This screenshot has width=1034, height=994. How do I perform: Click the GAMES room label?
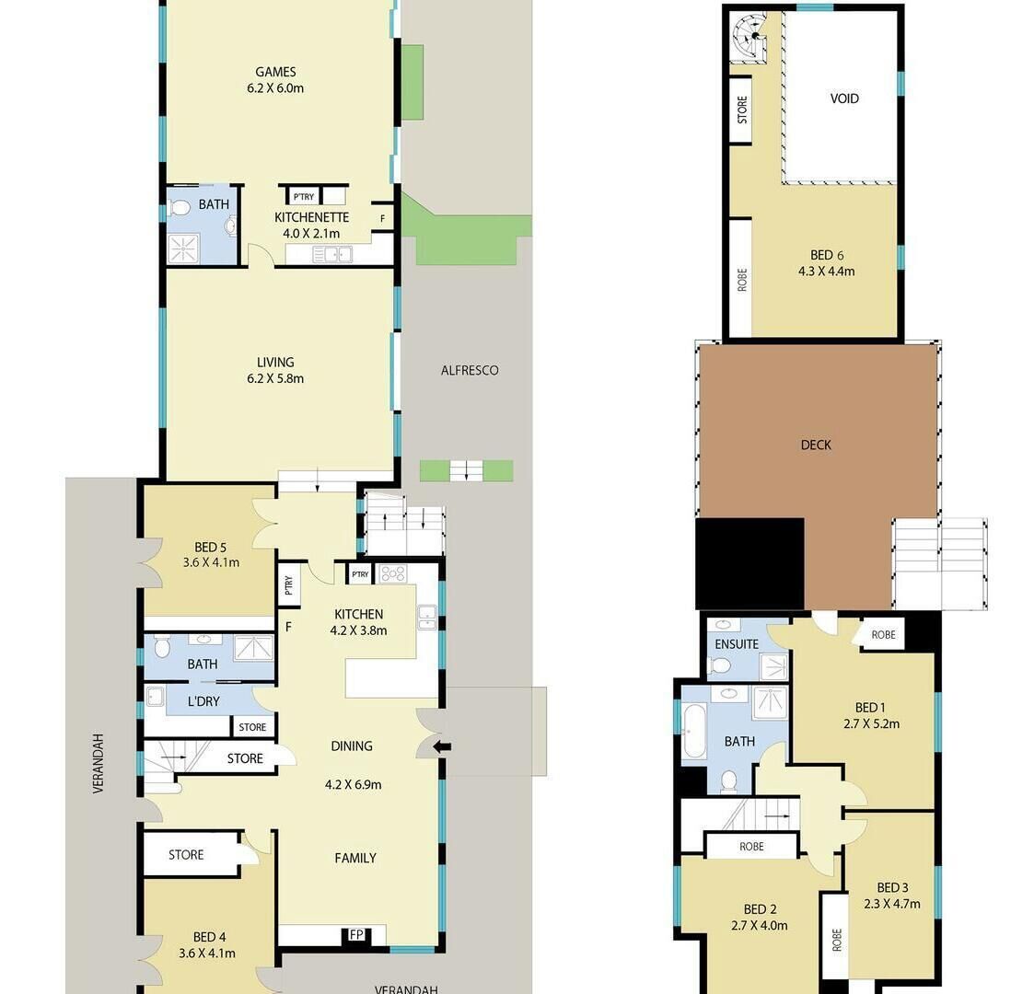[x=275, y=72]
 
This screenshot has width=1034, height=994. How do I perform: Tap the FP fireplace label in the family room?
[x=356, y=935]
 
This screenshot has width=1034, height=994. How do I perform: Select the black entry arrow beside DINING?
[x=442, y=746]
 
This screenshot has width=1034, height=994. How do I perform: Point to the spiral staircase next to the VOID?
[x=751, y=37]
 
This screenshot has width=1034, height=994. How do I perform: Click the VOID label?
[x=844, y=98]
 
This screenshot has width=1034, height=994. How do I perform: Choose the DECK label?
[x=816, y=445]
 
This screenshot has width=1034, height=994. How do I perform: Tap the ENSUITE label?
[x=737, y=644]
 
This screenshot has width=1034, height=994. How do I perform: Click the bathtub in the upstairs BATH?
[x=694, y=731]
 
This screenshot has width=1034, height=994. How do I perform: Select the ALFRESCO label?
[x=470, y=370]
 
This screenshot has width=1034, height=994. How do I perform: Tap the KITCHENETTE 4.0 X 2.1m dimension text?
[x=311, y=234]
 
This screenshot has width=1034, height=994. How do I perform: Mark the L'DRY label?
[x=203, y=701]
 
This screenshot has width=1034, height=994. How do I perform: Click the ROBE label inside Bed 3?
[x=836, y=940]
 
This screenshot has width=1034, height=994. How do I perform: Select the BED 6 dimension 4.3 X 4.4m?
[x=826, y=271]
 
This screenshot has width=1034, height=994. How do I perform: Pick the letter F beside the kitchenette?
[x=382, y=219]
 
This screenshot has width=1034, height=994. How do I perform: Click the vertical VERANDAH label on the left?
[x=99, y=763]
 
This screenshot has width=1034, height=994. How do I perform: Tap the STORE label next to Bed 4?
[x=186, y=855]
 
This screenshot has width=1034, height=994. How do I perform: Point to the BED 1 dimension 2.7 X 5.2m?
[x=871, y=723]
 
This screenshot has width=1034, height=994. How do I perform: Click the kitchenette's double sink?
[x=332, y=254]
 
